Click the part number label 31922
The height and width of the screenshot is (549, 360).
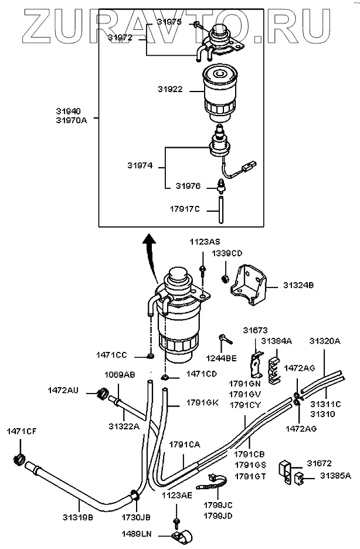(x=170, y=89)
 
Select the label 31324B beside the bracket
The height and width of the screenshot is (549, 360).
(x=298, y=286)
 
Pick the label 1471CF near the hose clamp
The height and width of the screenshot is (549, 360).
(x=21, y=431)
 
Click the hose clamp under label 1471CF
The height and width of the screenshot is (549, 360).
(x=18, y=459)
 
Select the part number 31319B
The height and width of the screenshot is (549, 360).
(x=78, y=517)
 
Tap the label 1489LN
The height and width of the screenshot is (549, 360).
(x=137, y=534)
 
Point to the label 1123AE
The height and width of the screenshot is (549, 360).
(x=177, y=495)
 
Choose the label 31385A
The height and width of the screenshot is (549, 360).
(x=335, y=476)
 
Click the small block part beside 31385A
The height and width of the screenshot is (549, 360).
(x=298, y=477)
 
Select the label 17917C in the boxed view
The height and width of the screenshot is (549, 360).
(x=185, y=209)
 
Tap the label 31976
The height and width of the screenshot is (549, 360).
(x=188, y=186)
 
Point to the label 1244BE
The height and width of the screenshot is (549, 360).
(x=222, y=358)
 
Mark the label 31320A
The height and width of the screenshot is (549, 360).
(x=325, y=341)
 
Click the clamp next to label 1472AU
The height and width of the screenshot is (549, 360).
(x=102, y=394)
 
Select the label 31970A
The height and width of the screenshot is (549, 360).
(x=72, y=120)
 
